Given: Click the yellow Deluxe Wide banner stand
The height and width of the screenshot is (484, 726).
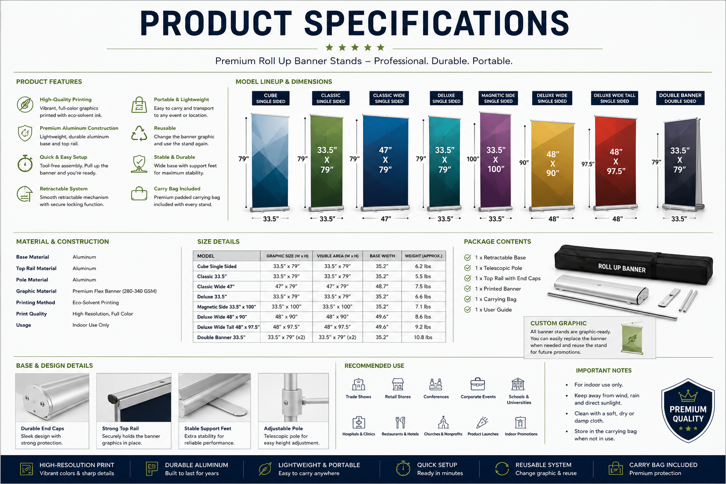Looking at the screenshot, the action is click(552, 165).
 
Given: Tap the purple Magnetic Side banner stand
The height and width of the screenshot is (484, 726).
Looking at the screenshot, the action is click(495, 161).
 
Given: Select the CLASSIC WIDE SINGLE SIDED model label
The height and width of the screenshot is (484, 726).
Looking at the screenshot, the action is click(389, 98).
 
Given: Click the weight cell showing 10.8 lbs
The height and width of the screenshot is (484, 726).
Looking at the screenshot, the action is click(423, 337).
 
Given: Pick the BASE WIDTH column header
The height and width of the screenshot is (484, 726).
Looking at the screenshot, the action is click(382, 256).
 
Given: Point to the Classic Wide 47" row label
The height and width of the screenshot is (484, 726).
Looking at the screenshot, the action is click(216, 286).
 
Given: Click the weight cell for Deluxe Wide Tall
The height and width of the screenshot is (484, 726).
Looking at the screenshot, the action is click(423, 327).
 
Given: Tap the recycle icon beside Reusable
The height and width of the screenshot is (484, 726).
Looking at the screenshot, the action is click(139, 134).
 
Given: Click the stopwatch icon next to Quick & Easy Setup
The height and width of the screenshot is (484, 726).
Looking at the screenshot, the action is click(25, 163).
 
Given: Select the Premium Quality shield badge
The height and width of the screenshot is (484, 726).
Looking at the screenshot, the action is click(688, 410).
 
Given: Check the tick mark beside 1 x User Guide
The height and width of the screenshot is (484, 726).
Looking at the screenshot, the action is click(467, 310).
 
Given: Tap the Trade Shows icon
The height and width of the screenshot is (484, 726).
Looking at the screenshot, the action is click(358, 384).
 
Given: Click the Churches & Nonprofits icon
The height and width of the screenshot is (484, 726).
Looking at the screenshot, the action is click(443, 423).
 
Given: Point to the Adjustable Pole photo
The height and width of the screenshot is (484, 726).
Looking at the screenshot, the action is click(294, 398).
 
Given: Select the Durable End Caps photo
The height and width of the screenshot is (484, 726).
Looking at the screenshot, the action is click(52, 398).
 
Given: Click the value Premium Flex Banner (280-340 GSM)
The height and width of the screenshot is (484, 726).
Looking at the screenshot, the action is click(114, 291).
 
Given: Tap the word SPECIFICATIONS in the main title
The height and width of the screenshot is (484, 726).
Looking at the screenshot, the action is click(437, 23).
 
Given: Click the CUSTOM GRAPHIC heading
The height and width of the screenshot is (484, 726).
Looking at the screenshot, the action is click(558, 323).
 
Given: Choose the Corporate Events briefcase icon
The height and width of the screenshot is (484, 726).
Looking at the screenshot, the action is click(478, 384).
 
